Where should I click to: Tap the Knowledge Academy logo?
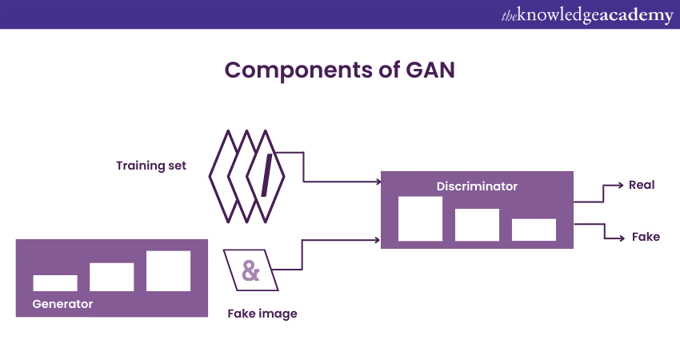(x=586, y=15)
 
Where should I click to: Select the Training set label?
(x=151, y=166)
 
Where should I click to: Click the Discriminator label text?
(x=477, y=186)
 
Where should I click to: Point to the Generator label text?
(x=62, y=304)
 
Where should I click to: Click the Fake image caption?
(x=262, y=314)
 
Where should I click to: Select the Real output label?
(x=642, y=185)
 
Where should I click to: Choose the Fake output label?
(x=646, y=237)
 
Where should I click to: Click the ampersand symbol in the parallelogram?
(x=251, y=270)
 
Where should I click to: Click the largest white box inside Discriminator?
(x=420, y=218)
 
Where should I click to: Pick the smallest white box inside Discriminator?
(x=534, y=230)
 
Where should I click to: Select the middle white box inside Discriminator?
(x=477, y=225)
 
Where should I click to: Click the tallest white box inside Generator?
(x=168, y=271)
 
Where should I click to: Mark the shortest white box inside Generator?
(x=55, y=283)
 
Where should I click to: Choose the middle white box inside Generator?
(x=111, y=277)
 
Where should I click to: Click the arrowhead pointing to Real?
(x=619, y=185)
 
